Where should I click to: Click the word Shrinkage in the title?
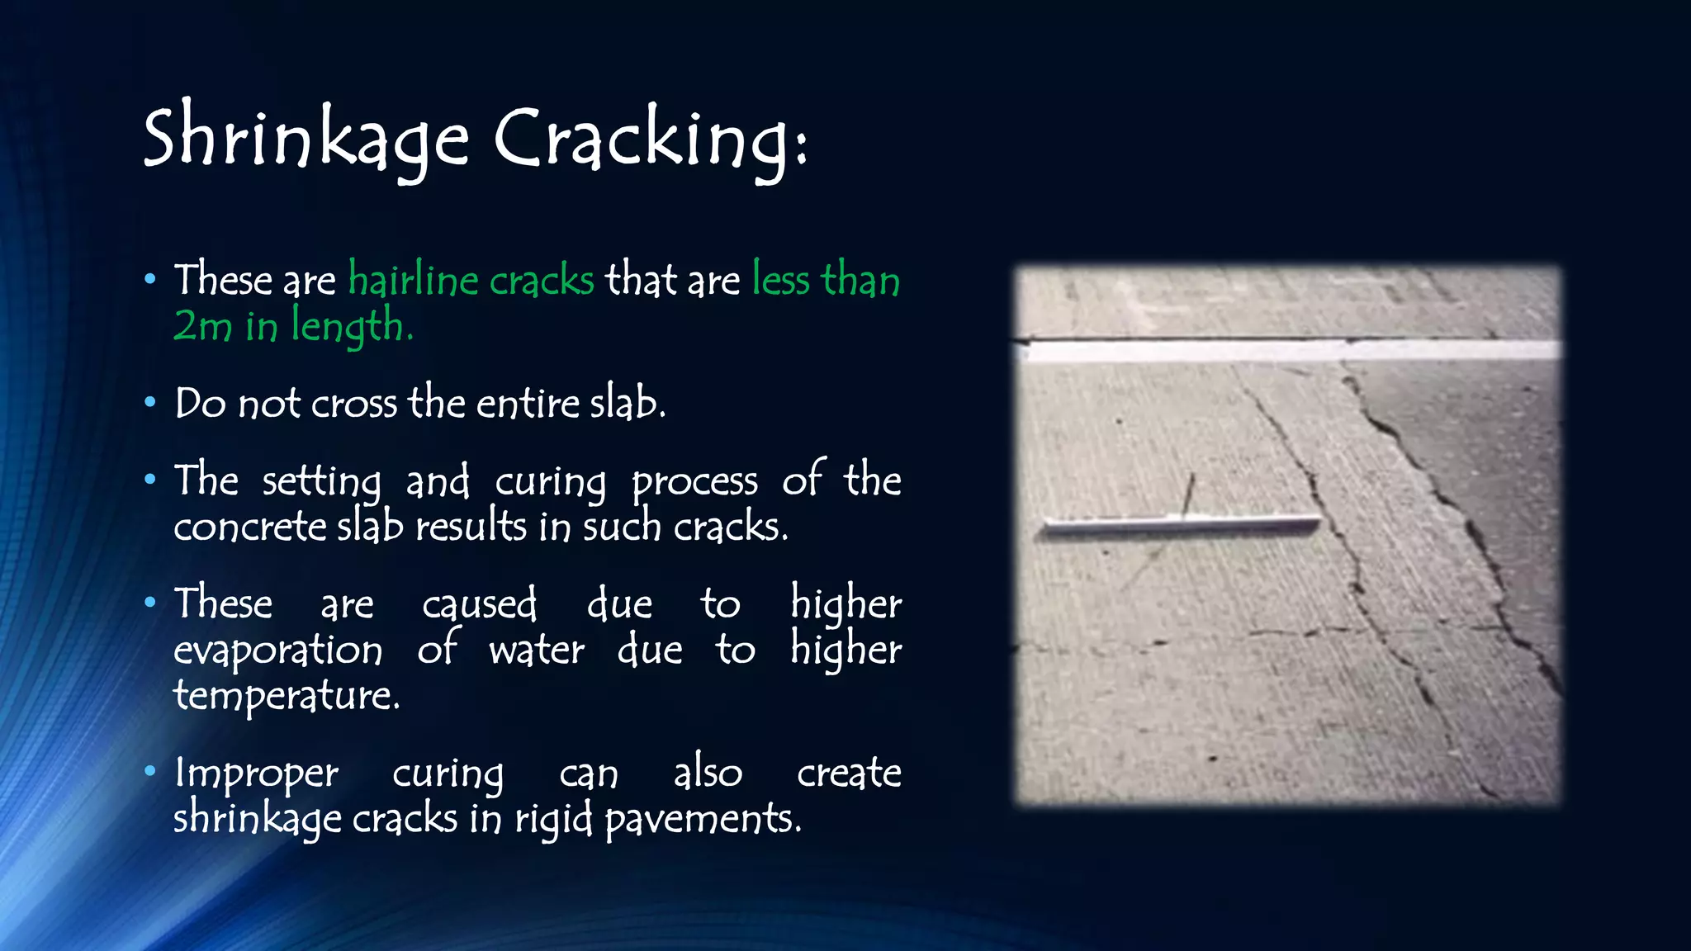306,139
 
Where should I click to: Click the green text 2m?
203,325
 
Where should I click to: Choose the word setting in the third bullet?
321,481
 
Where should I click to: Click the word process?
694,482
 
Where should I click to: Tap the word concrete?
249,527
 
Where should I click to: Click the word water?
537,650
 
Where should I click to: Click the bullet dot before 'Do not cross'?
149,403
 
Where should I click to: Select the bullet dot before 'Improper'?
149,772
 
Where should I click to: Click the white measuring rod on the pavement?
1181,525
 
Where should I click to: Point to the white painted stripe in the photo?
1288,350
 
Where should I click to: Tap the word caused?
479,604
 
